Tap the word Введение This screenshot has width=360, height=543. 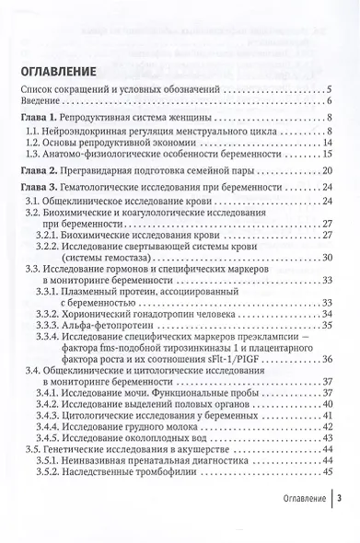pyautogui.click(x=42, y=101)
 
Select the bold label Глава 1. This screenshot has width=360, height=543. pyautogui.click(x=41, y=120)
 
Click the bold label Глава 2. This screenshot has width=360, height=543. pyautogui.click(x=41, y=171)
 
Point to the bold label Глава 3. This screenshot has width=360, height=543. pyautogui.click(x=41, y=190)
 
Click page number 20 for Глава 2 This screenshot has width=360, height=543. pyautogui.click(x=328, y=171)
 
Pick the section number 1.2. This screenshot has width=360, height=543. pyautogui.click(x=34, y=144)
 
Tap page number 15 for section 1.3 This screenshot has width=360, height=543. pyautogui.click(x=328, y=157)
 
